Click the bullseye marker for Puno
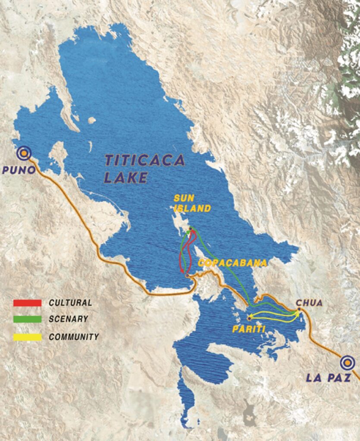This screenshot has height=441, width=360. point(23,153)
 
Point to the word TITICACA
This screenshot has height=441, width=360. point(145,161)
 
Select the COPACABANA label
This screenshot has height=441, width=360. point(232,263)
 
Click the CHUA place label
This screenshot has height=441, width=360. point(309,303)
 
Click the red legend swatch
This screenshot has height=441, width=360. point(28,303)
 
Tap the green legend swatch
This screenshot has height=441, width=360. point(28,320)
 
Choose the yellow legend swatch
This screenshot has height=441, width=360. point(28,337)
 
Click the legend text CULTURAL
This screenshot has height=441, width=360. point(70,303)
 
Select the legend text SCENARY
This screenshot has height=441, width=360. point(68,319)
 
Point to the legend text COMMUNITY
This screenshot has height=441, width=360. point(74,337)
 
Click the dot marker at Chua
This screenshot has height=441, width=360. point(299,309)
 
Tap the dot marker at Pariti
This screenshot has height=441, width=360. point(249,319)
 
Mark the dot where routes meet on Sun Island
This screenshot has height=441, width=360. point(190,229)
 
